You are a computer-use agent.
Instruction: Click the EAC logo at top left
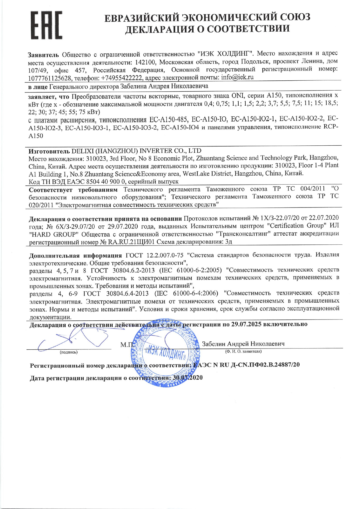tap(46, 26)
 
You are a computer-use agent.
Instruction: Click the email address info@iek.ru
tap(237, 77)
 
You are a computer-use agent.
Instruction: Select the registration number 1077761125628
tap(50, 78)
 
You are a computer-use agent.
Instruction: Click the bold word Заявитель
tap(43, 55)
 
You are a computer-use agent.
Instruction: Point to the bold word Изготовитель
tap(49, 151)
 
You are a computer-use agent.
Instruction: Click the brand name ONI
tap(237, 95)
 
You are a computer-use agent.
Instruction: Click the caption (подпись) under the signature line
tap(69, 352)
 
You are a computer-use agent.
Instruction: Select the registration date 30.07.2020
tap(188, 378)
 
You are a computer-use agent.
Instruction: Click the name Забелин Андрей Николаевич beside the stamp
tap(243, 344)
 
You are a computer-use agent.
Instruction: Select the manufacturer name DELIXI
tap(82, 151)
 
